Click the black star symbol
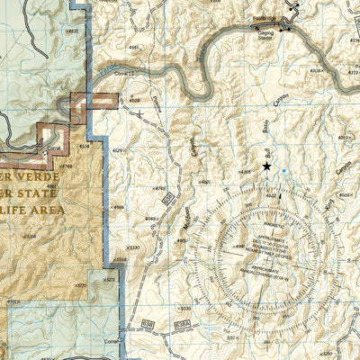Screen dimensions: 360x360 click(x=266, y=166)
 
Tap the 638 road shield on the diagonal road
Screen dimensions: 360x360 click(x=168, y=197)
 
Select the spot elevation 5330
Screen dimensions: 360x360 click(x=133, y=246)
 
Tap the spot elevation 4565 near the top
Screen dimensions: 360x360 click(x=133, y=46)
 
